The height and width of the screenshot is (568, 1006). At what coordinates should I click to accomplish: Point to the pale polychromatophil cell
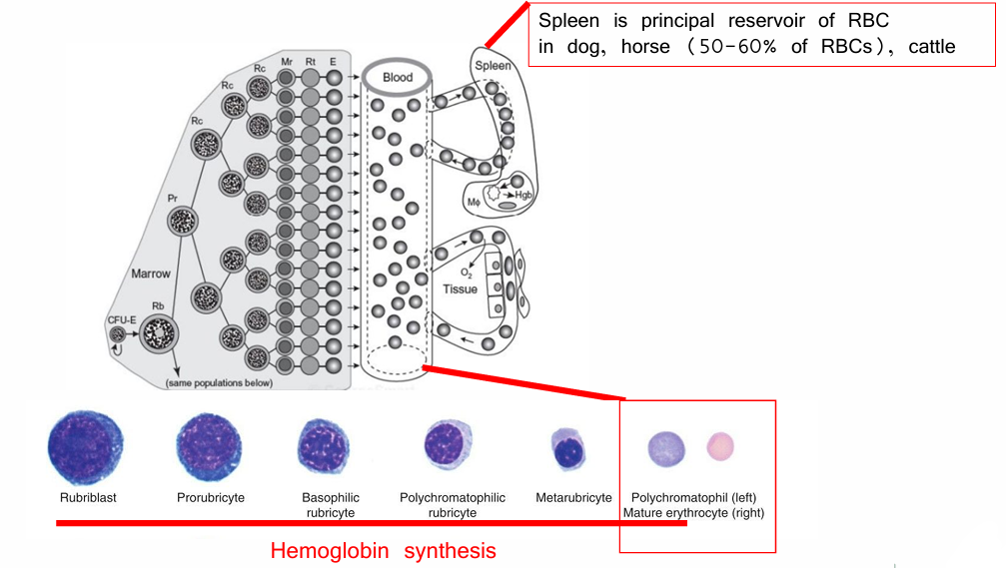664,446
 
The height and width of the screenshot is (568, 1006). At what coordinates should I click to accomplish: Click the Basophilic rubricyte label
331,505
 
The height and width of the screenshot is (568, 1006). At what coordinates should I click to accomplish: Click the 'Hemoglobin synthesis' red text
384,550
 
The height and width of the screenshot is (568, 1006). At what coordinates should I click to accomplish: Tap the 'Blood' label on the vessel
398,77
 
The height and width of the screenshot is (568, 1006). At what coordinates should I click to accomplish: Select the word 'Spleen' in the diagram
493,66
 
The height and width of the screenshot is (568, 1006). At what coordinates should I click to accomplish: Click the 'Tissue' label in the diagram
461,289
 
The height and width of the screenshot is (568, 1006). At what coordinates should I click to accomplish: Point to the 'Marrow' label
152,273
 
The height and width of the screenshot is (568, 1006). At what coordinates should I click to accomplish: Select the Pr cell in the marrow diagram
181,222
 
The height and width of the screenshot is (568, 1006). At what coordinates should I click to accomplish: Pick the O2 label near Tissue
467,271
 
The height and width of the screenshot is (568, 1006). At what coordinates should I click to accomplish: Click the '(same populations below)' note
217,382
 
